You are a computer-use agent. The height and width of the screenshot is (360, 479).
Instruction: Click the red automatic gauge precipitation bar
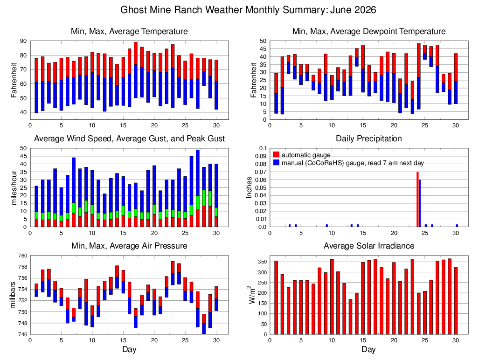pyautogui.click(x=417, y=199)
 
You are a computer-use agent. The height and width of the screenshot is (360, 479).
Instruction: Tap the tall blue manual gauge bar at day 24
pyautogui.click(x=420, y=203)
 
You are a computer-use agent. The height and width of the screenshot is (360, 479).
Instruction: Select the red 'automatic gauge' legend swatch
pyautogui.click(x=277, y=155)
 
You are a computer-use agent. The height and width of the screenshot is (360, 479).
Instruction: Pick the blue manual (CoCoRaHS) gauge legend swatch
pyautogui.click(x=277, y=162)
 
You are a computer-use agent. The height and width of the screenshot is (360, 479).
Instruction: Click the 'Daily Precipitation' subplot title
pyautogui.click(x=369, y=138)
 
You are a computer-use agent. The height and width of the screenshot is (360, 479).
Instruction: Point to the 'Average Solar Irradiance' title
pyautogui.click(x=369, y=246)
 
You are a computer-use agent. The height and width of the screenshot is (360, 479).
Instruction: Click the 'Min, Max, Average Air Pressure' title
pyautogui.click(x=129, y=246)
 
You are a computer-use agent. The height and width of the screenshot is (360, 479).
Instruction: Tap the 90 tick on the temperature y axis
pyautogui.click(x=23, y=41)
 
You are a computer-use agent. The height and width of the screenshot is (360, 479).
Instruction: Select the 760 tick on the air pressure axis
pyautogui.click(x=22, y=256)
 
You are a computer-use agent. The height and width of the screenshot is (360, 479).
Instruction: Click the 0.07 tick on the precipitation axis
pyautogui.click(x=263, y=172)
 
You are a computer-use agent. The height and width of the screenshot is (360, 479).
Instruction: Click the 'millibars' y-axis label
pyautogui.click(x=13, y=295)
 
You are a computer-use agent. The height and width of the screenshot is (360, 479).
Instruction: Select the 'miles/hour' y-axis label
pyautogui.click(x=14, y=188)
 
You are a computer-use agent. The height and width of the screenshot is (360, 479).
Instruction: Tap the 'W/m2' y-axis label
pyautogui.click(x=252, y=295)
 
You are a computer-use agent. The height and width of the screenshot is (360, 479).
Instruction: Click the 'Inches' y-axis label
pyautogui.click(x=249, y=188)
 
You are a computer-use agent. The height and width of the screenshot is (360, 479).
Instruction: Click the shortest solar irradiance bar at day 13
pyautogui.click(x=350, y=317)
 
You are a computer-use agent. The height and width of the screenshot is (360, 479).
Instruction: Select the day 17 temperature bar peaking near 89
pyautogui.click(x=136, y=70)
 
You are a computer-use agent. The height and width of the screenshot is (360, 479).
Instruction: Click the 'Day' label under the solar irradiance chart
pyautogui.click(x=368, y=349)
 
